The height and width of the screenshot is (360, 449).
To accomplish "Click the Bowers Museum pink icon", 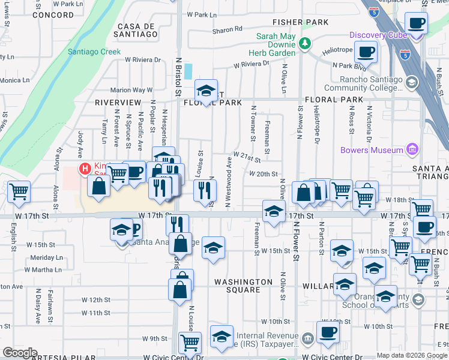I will (x=412, y=149).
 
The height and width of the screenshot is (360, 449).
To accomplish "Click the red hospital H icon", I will (x=85, y=168).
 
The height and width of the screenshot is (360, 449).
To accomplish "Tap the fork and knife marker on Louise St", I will (x=205, y=190).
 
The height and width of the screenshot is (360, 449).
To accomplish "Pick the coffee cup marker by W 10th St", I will (x=328, y=332).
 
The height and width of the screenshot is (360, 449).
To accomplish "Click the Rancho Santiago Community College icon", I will (x=411, y=82).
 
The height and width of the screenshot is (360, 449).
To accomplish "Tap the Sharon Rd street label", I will (x=228, y=29).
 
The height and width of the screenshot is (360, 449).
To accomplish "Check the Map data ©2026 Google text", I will (x=411, y=355).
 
